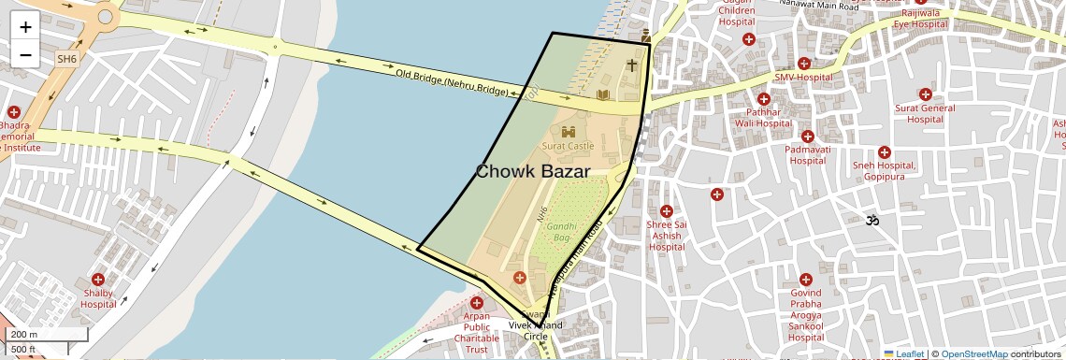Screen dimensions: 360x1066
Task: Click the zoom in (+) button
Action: pyautogui.click(x=25, y=28)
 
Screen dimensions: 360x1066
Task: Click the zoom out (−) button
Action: pyautogui.click(x=25, y=54)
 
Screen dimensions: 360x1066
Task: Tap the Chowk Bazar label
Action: pyautogui.click(x=533, y=171)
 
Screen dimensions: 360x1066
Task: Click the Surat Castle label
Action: pyautogui.click(x=568, y=146)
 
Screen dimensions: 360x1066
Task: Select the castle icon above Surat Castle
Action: pyautogui.click(x=568, y=132)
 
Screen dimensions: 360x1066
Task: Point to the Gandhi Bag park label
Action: pyautogui.click(x=560, y=232)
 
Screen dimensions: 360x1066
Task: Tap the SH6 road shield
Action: pyautogui.click(x=66, y=58)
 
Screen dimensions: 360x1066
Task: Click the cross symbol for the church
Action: pyautogui.click(x=632, y=65)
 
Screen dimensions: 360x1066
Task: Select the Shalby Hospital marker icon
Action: pyautogui.click(x=98, y=280)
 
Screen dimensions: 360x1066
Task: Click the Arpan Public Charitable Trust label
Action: pyautogui.click(x=477, y=333)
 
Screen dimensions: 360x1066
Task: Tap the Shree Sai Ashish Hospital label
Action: pyautogui.click(x=667, y=236)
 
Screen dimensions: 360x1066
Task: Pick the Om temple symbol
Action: pyautogui.click(x=874, y=221)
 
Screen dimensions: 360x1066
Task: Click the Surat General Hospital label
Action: pyautogui.click(x=925, y=113)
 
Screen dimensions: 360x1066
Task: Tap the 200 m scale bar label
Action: pyautogui.click(x=24, y=334)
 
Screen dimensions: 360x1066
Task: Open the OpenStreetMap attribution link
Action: pyautogui.click(x=973, y=353)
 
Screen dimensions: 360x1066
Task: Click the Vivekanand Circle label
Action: pyautogui.click(x=536, y=330)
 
